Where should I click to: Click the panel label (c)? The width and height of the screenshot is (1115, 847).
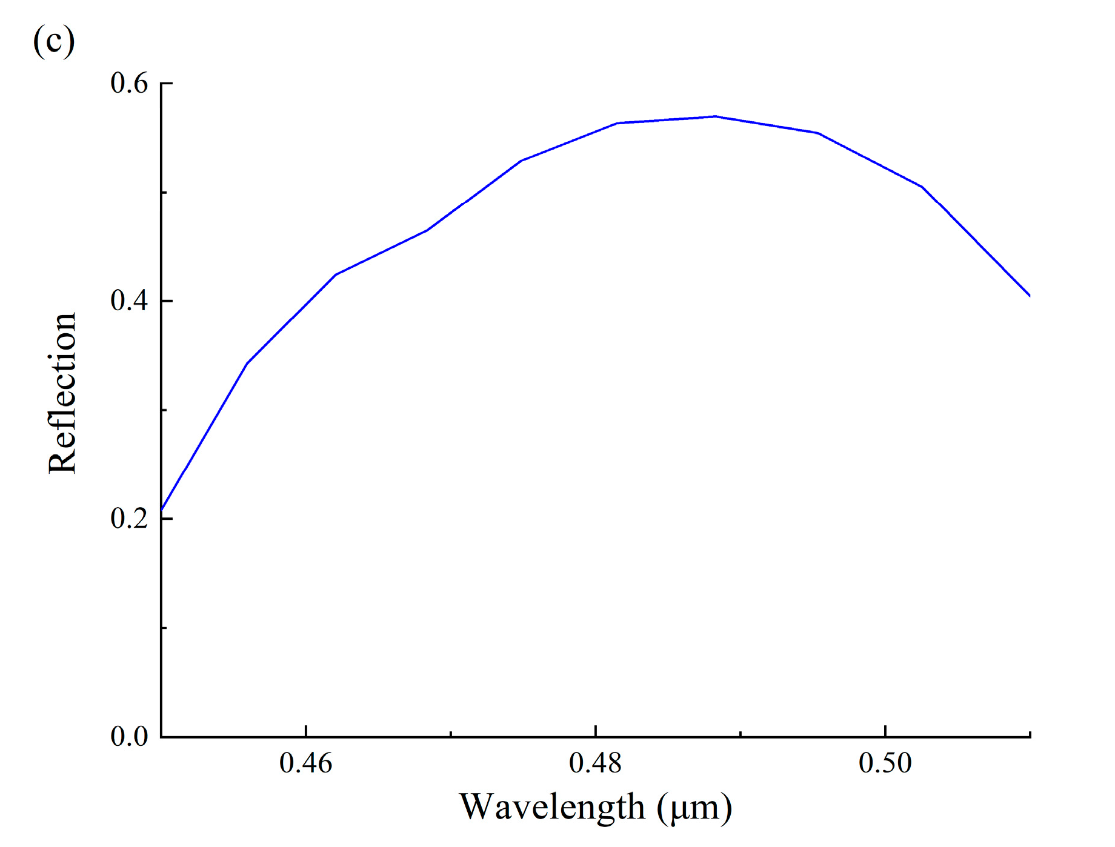click(54, 41)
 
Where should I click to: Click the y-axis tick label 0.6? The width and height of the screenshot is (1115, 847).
click(129, 83)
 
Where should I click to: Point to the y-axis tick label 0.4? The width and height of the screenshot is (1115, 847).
click(129, 301)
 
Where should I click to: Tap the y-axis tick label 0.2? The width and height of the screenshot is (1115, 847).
click(129, 518)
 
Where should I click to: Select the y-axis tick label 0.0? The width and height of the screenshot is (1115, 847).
click(129, 736)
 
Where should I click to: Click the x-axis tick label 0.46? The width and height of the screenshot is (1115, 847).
click(306, 763)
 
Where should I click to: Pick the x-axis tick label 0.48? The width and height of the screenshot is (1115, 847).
click(596, 763)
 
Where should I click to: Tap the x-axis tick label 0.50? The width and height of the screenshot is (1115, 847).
click(885, 763)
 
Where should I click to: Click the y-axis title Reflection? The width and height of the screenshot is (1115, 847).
click(62, 393)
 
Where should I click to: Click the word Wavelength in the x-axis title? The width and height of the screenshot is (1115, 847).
click(552, 806)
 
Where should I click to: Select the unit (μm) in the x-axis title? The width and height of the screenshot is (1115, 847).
click(694, 807)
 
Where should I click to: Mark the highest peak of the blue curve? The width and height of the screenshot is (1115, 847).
click(715, 116)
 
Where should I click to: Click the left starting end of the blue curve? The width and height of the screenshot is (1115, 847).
click(162, 510)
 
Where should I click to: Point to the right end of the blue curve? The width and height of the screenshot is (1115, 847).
click(1030, 296)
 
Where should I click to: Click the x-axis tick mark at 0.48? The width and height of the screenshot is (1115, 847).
click(596, 731)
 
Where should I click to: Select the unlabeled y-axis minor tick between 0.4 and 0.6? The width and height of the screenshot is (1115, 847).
click(165, 192)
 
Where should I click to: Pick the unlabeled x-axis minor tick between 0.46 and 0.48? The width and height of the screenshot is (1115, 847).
click(451, 734)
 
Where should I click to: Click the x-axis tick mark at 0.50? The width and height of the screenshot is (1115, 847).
click(885, 731)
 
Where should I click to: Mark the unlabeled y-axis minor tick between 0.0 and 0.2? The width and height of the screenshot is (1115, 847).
click(165, 628)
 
